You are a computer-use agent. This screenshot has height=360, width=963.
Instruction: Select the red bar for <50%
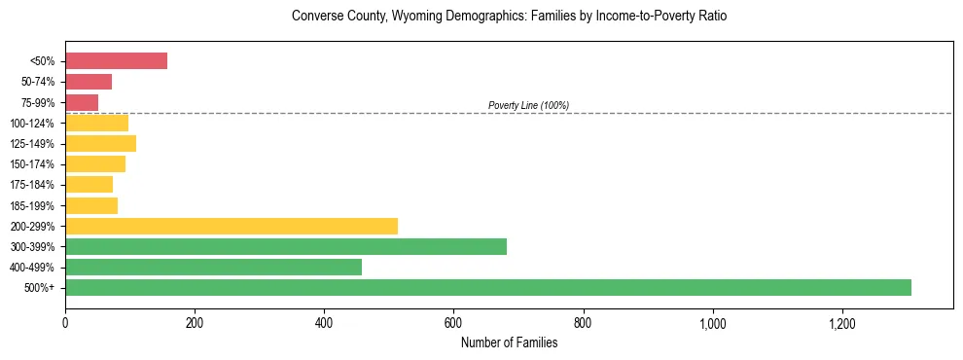pyautogui.click(x=116, y=61)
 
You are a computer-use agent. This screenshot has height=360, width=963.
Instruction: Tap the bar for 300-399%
pyautogui.click(x=286, y=246)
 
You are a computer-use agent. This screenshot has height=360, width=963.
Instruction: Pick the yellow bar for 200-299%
pyautogui.click(x=232, y=226)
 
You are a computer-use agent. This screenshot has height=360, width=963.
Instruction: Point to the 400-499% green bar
pyautogui.click(x=213, y=267)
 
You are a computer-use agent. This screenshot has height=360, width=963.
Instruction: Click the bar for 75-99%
pyautogui.click(x=82, y=102)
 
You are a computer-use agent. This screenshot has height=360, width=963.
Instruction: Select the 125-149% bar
pyautogui.click(x=100, y=143)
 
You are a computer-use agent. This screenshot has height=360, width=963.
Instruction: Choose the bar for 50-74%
pyautogui.click(x=89, y=82)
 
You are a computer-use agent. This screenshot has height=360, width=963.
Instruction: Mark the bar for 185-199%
pyautogui.click(x=91, y=205)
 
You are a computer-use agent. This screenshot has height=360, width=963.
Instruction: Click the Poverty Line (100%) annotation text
pyautogui.click(x=528, y=105)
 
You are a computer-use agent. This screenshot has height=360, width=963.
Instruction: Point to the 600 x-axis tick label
pyautogui.click(x=453, y=323)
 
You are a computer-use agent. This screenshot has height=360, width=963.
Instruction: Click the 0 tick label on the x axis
pyautogui.click(x=65, y=323)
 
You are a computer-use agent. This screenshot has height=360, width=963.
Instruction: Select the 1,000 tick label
pyautogui.click(x=712, y=323)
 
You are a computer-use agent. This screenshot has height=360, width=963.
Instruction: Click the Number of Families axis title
pyautogui.click(x=509, y=342)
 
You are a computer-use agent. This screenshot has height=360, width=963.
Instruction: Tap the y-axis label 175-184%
pyautogui.click(x=32, y=185)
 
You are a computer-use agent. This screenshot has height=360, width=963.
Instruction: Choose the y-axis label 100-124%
pyautogui.click(x=32, y=124)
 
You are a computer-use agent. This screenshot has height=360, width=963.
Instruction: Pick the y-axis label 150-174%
pyautogui.click(x=32, y=164)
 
